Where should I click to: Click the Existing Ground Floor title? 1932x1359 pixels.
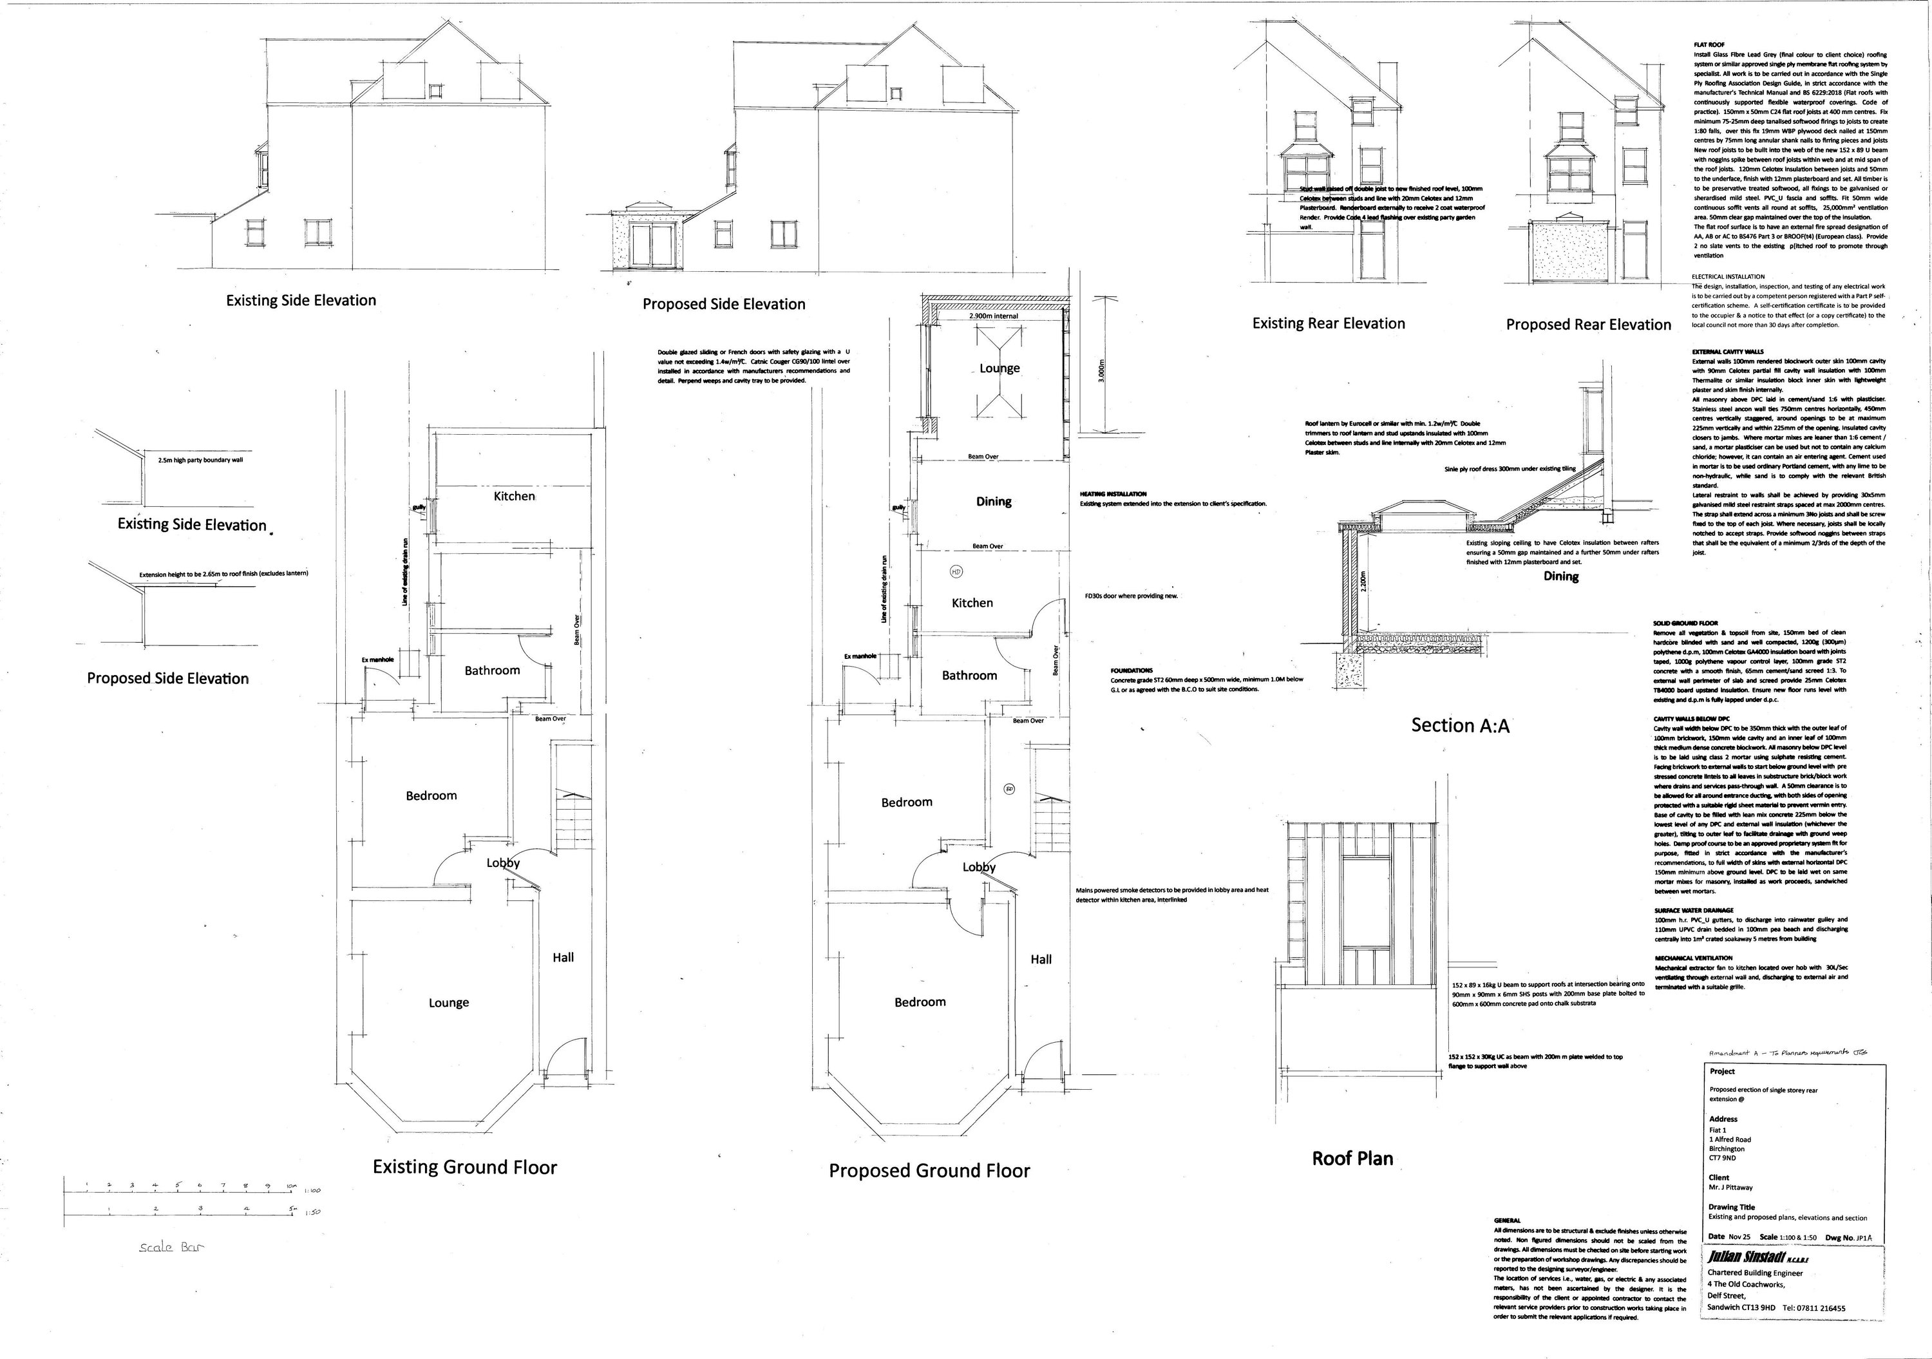pyautogui.click(x=464, y=1166)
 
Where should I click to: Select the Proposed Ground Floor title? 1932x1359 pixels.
pyautogui.click(x=929, y=1170)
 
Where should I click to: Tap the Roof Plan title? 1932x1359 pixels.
pyautogui.click(x=1352, y=1158)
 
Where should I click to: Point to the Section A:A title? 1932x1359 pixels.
pyautogui.click(x=1460, y=725)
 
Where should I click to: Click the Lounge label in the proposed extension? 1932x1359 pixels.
pyautogui.click(x=999, y=368)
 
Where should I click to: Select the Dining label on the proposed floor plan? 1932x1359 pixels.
pyautogui.click(x=993, y=502)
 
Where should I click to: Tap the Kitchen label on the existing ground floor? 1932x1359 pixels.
pyautogui.click(x=513, y=497)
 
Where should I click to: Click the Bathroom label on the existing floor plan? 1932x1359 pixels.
pyautogui.click(x=492, y=670)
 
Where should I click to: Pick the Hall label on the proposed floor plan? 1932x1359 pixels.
pyautogui.click(x=1041, y=959)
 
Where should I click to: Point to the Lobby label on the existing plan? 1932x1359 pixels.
pyautogui.click(x=503, y=862)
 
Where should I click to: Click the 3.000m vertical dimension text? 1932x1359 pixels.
pyautogui.click(x=1101, y=370)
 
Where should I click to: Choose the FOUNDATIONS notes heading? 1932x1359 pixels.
pyautogui.click(x=1132, y=670)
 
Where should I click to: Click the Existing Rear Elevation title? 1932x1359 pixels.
pyautogui.click(x=1328, y=323)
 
